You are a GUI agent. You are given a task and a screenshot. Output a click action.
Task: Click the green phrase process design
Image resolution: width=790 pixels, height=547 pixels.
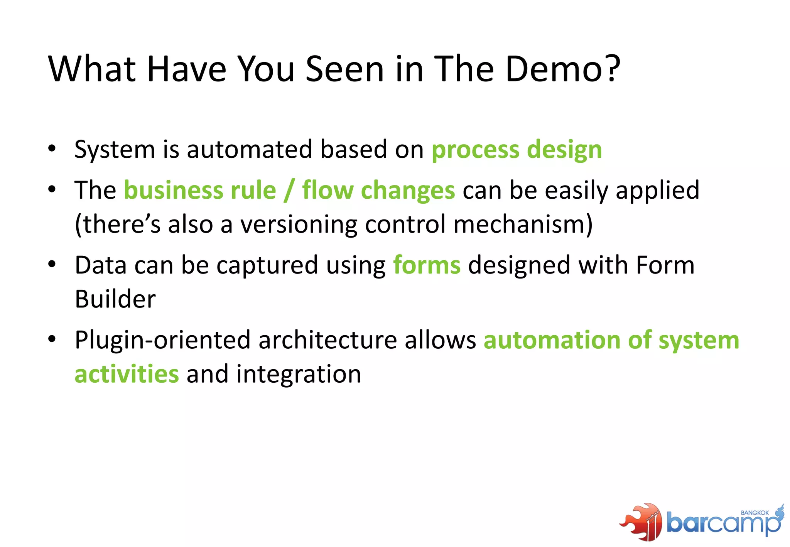(x=516, y=150)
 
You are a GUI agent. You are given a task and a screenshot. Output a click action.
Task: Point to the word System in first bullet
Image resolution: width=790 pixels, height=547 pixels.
(x=114, y=150)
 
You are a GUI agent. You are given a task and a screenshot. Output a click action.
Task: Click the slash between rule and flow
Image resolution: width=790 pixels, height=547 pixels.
(x=289, y=191)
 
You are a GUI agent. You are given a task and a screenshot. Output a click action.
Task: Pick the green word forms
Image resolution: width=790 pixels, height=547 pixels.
(x=427, y=265)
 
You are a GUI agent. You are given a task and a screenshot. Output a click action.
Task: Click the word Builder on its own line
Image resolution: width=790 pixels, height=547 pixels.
(x=115, y=299)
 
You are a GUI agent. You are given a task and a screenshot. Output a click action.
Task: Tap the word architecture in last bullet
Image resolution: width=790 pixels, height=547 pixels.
(x=327, y=340)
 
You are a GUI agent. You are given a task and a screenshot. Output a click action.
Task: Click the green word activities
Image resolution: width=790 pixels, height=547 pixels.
(x=127, y=374)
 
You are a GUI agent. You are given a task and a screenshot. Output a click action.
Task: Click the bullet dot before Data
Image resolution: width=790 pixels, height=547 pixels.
(x=52, y=264)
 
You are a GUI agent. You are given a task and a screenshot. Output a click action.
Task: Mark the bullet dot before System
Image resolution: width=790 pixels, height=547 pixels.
(x=52, y=149)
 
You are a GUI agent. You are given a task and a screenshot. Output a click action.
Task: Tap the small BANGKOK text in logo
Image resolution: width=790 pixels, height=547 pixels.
(x=755, y=513)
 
